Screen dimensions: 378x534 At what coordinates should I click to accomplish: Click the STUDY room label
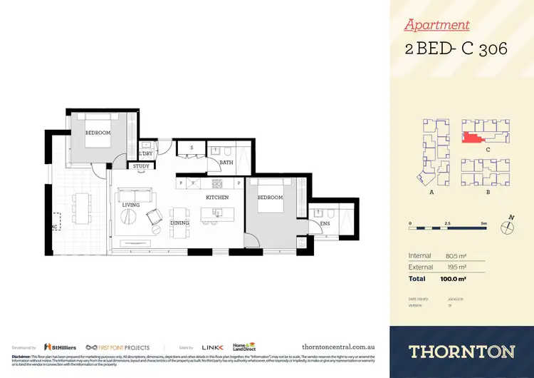(141, 166)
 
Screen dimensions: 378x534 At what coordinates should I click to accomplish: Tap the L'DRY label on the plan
(146, 153)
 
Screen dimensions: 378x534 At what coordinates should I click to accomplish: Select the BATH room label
(226, 163)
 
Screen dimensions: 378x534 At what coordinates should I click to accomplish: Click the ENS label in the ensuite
(325, 224)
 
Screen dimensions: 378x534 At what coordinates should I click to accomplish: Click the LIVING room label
(130, 205)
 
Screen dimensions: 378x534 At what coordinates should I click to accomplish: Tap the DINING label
(180, 223)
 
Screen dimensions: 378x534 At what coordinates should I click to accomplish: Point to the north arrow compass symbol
(506, 227)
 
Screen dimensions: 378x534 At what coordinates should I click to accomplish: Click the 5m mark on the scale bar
(483, 223)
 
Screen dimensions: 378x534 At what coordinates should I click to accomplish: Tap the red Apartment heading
(436, 25)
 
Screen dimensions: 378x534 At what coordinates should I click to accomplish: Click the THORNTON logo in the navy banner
(461, 350)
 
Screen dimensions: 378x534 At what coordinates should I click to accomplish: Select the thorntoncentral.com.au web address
(339, 347)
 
